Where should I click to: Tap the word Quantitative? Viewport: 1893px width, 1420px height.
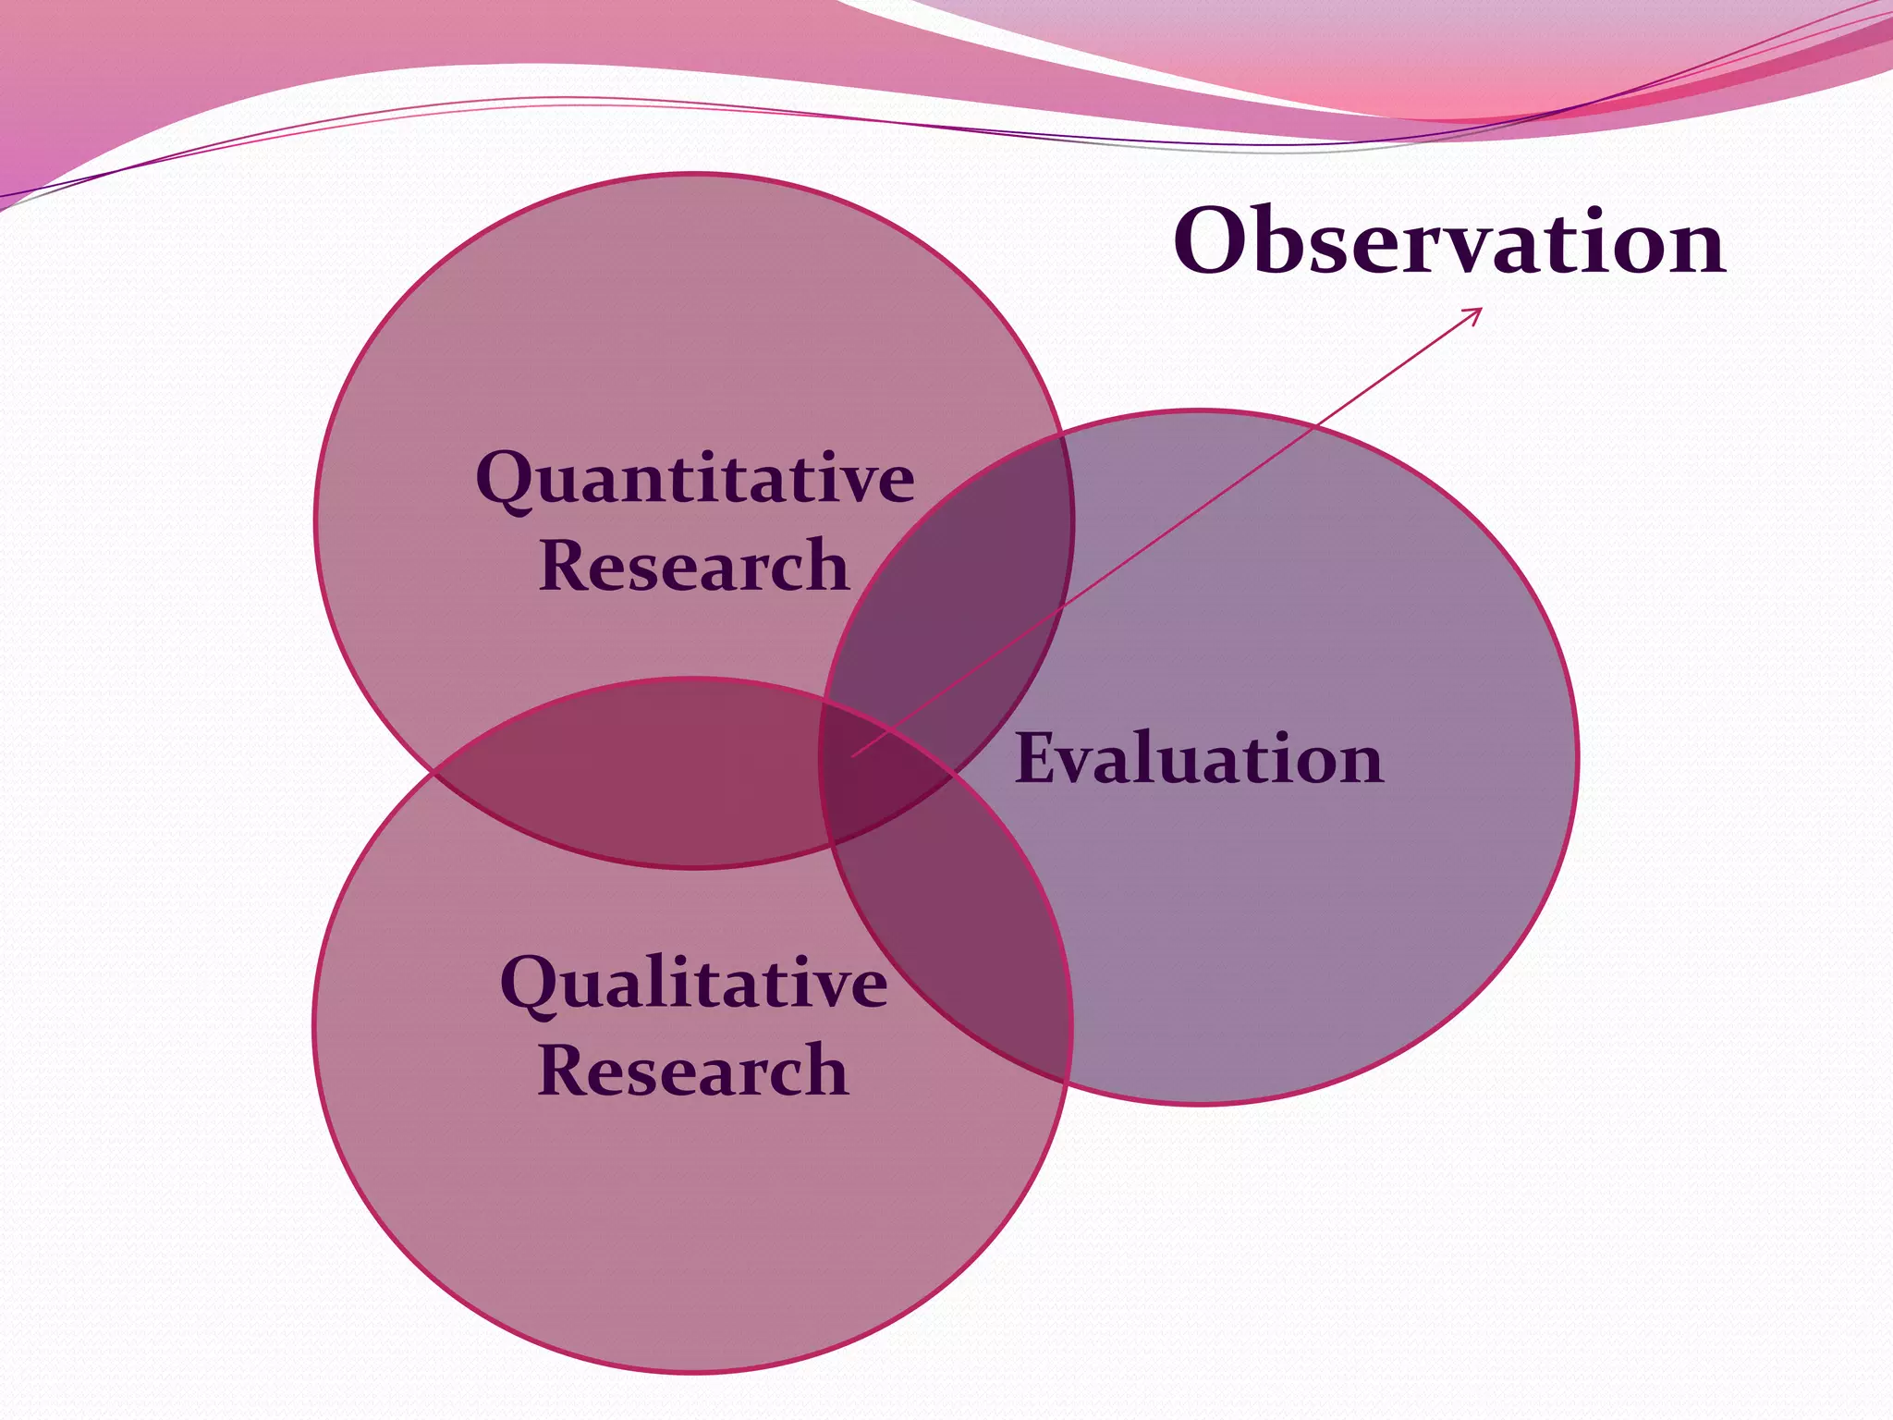pyautogui.click(x=695, y=479)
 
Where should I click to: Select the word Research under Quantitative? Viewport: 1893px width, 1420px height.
pyautogui.click(x=693, y=565)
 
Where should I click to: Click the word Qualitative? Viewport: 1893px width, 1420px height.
pyautogui.click(x=693, y=983)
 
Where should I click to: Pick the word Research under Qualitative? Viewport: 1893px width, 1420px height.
pyautogui.click(x=692, y=1070)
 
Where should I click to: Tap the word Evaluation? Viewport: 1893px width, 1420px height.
pyautogui.click(x=1199, y=758)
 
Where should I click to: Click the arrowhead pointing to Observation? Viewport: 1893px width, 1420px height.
pyautogui.click(x=1478, y=312)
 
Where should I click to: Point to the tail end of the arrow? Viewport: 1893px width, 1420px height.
pyautogui.click(x=853, y=756)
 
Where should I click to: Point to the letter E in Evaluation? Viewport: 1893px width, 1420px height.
pyautogui.click(x=1037, y=758)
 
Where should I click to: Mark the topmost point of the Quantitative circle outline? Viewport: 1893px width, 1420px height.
pyautogui.click(x=693, y=174)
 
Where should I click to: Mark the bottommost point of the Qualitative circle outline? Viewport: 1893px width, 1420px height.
pyautogui.click(x=693, y=1372)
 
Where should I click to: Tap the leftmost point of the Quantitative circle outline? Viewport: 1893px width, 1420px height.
pyautogui.click(x=316, y=520)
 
